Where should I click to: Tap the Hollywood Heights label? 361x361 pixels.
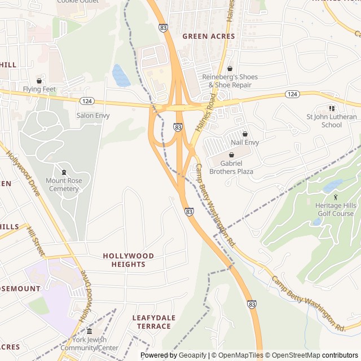pyautogui.click(x=128, y=260)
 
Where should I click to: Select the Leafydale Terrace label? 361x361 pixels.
pyautogui.click(x=151, y=322)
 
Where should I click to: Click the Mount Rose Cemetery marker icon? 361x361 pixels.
pyautogui.click(x=64, y=172)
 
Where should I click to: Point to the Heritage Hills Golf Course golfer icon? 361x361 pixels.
pyautogui.click(x=336, y=197)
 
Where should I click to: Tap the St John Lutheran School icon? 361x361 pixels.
pyautogui.click(x=332, y=108)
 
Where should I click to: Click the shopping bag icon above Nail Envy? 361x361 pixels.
pyautogui.click(x=245, y=134)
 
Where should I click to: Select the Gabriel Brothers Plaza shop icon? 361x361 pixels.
pyautogui.click(x=231, y=155)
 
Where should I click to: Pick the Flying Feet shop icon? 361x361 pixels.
pyautogui.click(x=39, y=81)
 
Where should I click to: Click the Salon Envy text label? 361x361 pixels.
pyautogui.click(x=93, y=116)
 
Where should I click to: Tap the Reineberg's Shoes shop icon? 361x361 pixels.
pyautogui.click(x=230, y=68)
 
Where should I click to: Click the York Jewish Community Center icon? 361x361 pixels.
pyautogui.click(x=89, y=331)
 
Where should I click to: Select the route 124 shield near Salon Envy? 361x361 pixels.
pyautogui.click(x=86, y=101)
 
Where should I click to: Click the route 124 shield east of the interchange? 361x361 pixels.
pyautogui.click(x=292, y=94)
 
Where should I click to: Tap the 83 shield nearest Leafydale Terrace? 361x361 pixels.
pyautogui.click(x=252, y=304)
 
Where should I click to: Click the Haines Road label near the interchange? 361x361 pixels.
pyautogui.click(x=206, y=113)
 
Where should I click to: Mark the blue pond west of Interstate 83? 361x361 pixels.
pyautogui.click(x=121, y=76)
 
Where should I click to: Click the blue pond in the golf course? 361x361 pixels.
pyautogui.click(x=333, y=185)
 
